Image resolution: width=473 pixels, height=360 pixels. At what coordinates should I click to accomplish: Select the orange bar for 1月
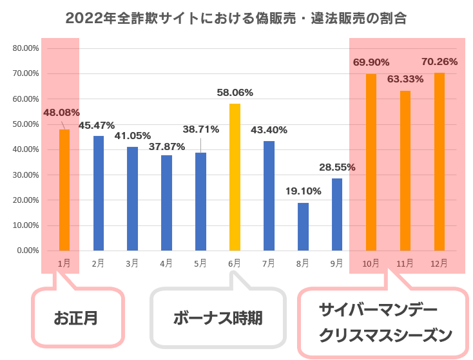[x=64, y=190]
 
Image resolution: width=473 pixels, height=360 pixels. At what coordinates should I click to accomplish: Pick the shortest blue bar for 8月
[x=303, y=227]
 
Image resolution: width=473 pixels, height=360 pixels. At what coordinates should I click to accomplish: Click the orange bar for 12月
[x=439, y=162]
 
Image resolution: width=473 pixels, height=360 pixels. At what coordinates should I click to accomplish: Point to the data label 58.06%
[x=235, y=93]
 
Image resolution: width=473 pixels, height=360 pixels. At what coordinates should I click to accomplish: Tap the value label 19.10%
[x=303, y=191]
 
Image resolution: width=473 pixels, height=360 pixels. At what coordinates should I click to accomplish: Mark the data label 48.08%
[x=61, y=113]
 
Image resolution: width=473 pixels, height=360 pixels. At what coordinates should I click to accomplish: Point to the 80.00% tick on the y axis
[x=26, y=48]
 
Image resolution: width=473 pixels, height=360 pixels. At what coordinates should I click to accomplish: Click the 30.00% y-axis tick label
[x=26, y=175]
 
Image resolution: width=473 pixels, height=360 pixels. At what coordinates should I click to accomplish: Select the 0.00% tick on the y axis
[x=28, y=251]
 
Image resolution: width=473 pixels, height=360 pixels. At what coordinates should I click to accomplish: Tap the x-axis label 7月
[x=269, y=263]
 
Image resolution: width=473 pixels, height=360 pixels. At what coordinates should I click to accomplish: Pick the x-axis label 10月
[x=371, y=263]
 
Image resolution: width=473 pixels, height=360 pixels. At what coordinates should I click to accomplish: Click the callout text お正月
[x=76, y=317]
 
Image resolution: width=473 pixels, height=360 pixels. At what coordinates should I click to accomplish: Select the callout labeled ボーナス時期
[x=218, y=317]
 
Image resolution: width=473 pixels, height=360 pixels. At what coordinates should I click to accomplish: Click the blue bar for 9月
[x=337, y=214]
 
